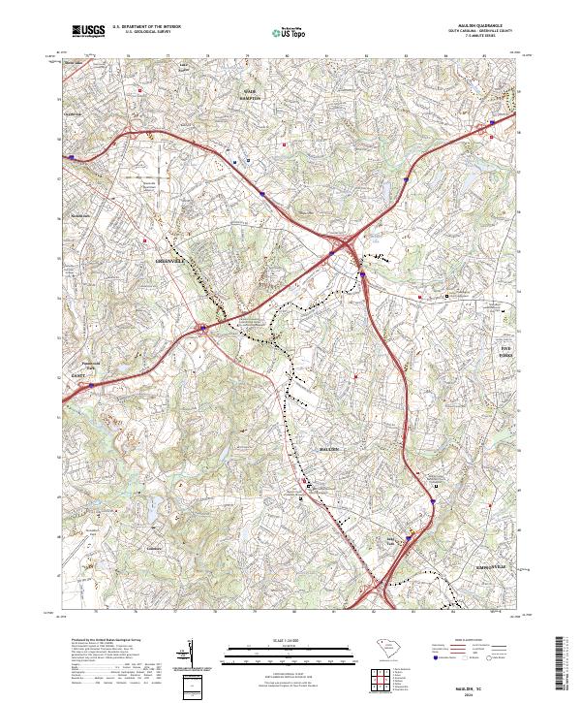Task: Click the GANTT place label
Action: (78, 376)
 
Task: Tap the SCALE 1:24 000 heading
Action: (287, 640)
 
